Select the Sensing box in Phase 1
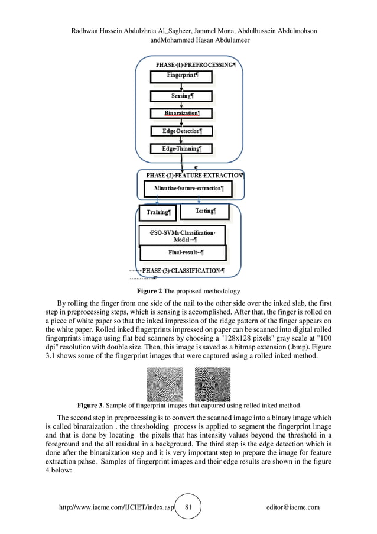pos(181,96)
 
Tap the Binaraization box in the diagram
pos(181,113)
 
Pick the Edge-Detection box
pos(181,131)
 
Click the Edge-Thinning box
pos(181,149)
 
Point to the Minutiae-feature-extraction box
pos(188,189)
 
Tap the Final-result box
pos(183,253)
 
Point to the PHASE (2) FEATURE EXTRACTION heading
pos(193,176)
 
